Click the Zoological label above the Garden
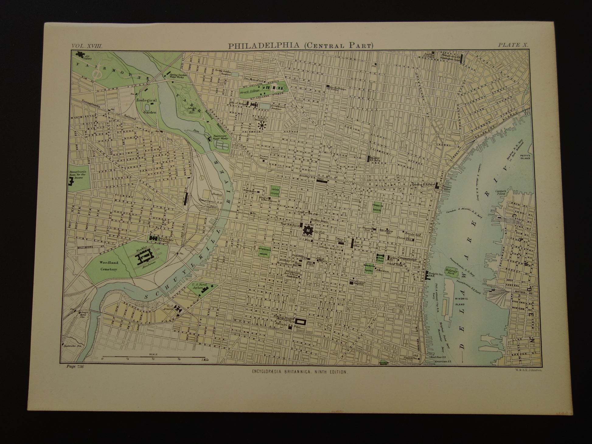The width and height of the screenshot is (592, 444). (x=146, y=100)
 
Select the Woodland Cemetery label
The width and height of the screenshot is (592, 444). (x=109, y=265)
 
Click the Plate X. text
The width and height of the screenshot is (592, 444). (x=513, y=45)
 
